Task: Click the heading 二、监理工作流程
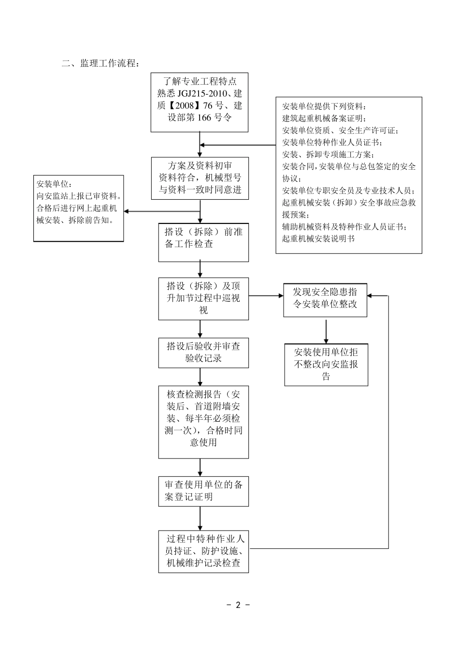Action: click(100, 63)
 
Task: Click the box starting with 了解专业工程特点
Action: click(200, 102)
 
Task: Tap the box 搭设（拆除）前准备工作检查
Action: click(203, 242)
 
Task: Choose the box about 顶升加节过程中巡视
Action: click(203, 298)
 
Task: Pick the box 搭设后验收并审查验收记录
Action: click(203, 353)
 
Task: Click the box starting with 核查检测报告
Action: click(203, 422)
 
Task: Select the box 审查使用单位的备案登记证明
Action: click(203, 491)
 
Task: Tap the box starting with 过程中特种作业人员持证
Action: click(203, 551)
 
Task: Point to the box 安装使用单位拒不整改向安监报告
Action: click(326, 365)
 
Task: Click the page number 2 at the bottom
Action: click(238, 605)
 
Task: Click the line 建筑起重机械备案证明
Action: click(324, 118)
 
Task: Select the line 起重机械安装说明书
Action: click(318, 238)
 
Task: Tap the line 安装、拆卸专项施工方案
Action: click(328, 154)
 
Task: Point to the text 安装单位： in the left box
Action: click(54, 184)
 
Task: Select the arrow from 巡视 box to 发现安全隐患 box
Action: click(266, 295)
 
